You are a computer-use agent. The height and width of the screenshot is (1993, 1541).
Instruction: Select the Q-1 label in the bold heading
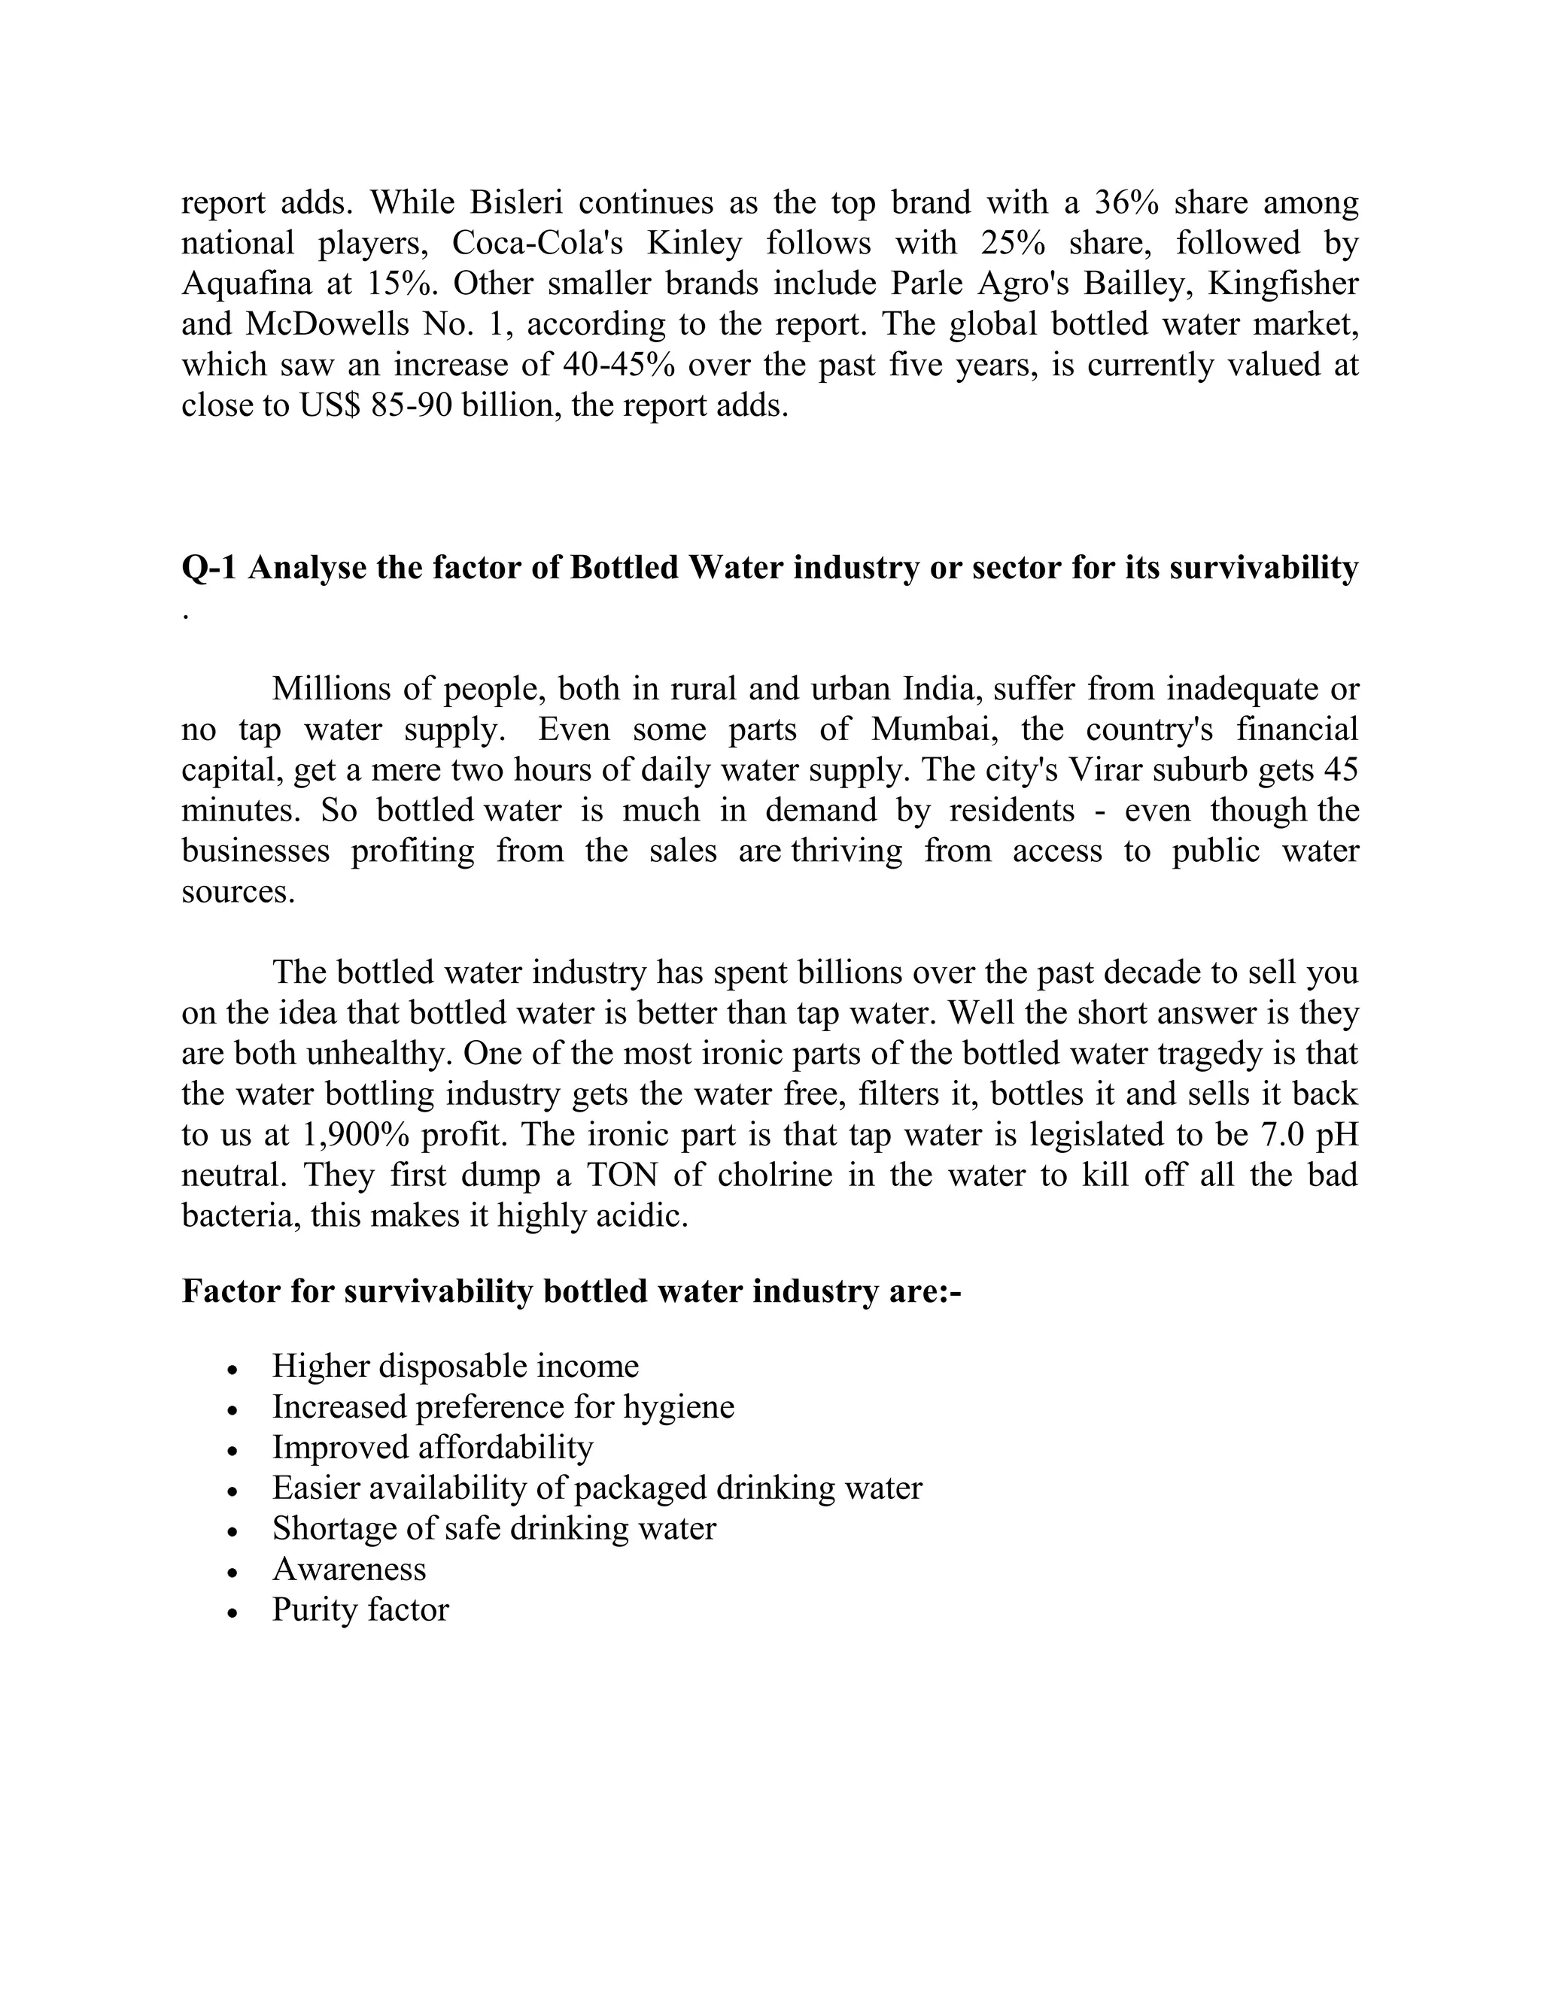tap(210, 568)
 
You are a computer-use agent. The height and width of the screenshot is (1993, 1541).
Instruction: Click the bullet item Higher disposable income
tap(454, 1366)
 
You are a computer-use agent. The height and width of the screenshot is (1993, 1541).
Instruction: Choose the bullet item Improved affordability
tap(432, 1447)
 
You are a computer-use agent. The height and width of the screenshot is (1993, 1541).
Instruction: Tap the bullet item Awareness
tap(348, 1569)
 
